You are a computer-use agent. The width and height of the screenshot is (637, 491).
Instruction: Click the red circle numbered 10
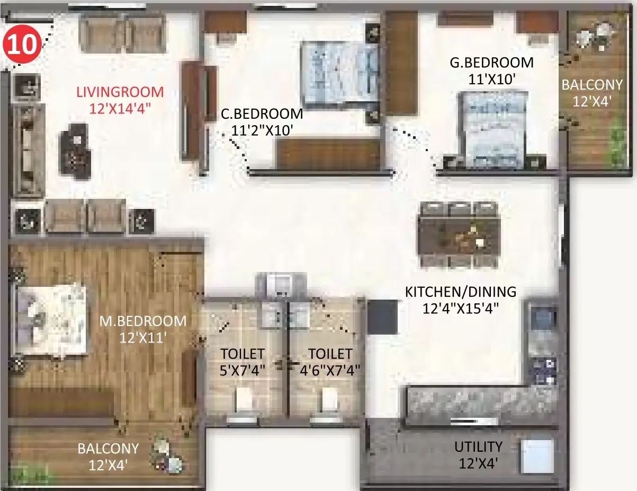[x=22, y=45]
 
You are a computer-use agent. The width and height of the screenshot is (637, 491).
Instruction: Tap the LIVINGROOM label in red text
[x=120, y=92]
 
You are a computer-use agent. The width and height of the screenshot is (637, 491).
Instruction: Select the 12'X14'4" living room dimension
[x=120, y=109]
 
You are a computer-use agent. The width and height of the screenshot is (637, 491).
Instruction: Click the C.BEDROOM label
[x=262, y=114]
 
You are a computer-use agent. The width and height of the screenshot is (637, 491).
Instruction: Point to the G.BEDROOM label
[x=491, y=63]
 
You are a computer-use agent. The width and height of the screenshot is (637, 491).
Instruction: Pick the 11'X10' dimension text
[x=492, y=79]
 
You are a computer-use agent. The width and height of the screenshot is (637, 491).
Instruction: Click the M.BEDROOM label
[x=143, y=321]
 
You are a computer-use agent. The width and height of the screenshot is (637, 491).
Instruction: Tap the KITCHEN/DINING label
[x=461, y=292]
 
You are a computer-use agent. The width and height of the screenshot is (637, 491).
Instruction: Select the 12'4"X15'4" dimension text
[x=461, y=309]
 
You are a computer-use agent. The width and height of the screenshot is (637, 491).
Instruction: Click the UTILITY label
[x=478, y=447]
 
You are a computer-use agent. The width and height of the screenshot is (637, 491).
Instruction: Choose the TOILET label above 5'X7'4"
[x=243, y=354]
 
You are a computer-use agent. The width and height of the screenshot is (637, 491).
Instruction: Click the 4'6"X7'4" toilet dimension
[x=330, y=371]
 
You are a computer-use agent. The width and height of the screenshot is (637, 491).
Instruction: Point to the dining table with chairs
[x=459, y=235]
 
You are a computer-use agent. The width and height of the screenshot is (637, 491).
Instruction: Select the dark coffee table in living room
[x=75, y=152]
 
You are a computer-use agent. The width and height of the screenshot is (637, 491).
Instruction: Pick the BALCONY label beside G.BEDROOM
[x=592, y=85]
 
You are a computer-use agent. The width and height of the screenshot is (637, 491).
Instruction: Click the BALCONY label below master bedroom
[x=108, y=449]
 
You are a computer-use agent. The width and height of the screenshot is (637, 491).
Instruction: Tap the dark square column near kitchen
[x=382, y=317]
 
